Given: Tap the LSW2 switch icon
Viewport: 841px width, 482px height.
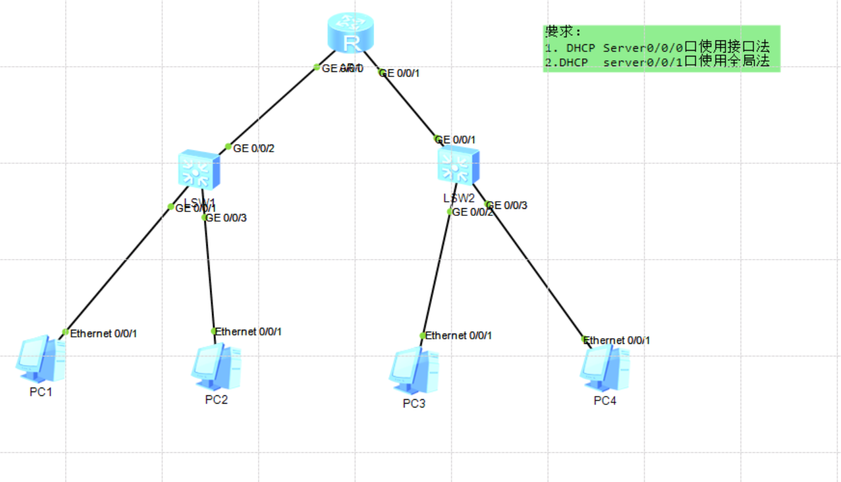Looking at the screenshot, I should (458, 165).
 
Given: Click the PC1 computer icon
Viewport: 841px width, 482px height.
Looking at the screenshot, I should (41, 359).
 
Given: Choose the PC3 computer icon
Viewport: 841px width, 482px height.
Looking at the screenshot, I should (413, 371).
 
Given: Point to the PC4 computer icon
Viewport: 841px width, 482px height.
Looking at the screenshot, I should (604, 368).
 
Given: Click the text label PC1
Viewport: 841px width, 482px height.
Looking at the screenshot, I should (41, 392).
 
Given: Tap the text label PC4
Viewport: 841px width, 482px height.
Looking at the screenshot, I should (605, 402).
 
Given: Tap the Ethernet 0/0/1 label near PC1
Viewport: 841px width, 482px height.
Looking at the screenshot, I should (104, 334).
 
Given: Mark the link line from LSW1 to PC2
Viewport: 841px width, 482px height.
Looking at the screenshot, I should (209, 273).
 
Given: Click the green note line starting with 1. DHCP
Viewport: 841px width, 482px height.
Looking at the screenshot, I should (656, 48).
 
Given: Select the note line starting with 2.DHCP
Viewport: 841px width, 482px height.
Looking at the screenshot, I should (656, 62).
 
